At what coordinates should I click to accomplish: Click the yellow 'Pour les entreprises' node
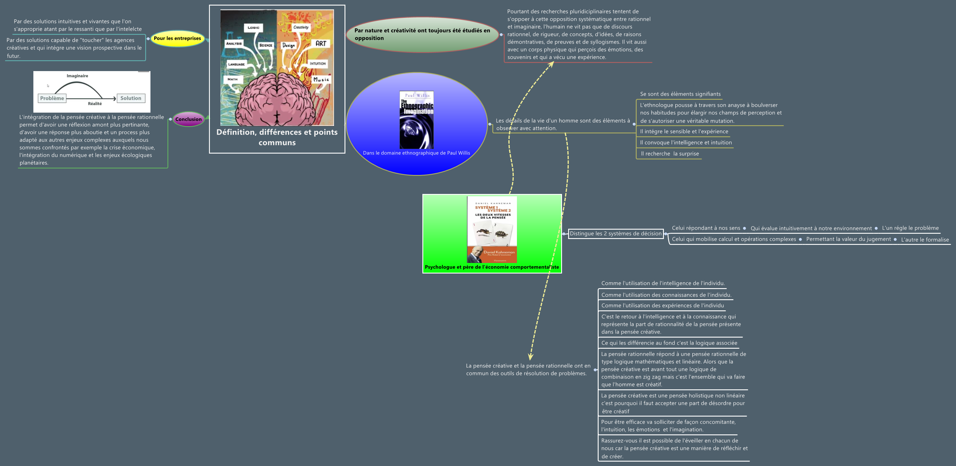[x=177, y=38]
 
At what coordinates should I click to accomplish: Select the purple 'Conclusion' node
[x=188, y=119]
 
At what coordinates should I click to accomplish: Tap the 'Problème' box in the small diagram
[x=52, y=98]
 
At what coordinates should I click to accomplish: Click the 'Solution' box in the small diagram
[x=131, y=98]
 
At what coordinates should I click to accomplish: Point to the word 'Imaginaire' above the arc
[x=77, y=76]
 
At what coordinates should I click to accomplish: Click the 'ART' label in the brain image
[x=321, y=43]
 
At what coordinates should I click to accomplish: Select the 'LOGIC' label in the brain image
[x=253, y=27]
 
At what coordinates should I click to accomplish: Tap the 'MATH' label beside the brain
[x=233, y=79]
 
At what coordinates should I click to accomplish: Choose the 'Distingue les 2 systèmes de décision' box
[x=616, y=233]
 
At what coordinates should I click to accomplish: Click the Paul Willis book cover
[x=417, y=120]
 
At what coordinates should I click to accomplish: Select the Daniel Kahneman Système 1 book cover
[x=492, y=229]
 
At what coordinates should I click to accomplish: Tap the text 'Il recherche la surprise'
[x=669, y=154]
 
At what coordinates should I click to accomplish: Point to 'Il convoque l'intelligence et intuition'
[x=686, y=142]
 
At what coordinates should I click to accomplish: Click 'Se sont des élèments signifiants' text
[x=680, y=94]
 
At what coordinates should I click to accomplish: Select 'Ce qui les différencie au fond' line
[x=669, y=343]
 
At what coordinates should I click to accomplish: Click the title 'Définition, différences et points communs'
[x=277, y=137]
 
